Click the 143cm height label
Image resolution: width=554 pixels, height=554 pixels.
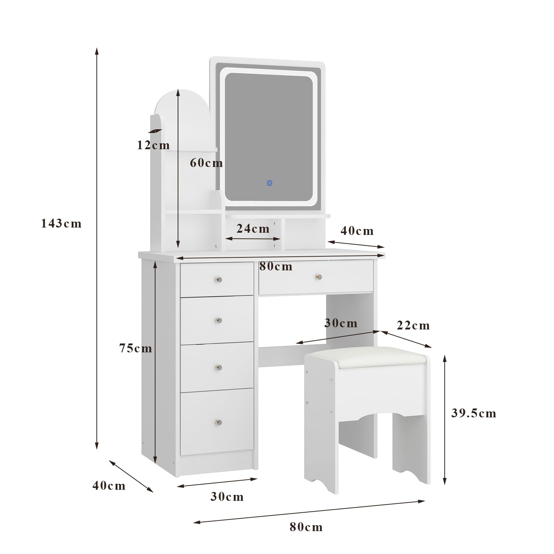[61, 223]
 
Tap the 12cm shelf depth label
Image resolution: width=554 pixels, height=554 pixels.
[153, 145]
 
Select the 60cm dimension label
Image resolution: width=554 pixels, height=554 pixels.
[206, 163]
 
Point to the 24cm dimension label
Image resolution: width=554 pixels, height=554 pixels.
[253, 229]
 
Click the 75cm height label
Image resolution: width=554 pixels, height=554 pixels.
[136, 348]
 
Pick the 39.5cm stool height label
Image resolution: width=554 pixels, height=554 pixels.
[474, 413]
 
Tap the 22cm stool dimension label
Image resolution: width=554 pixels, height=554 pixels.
[413, 325]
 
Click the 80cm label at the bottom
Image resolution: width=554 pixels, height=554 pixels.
[306, 527]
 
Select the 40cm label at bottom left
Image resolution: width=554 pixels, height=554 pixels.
[109, 485]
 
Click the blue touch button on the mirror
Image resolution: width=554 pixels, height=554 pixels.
[269, 183]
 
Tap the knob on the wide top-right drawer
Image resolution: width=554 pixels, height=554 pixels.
[318, 277]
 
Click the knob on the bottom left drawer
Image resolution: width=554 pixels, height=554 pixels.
[219, 422]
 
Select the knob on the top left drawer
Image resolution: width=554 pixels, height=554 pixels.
[219, 280]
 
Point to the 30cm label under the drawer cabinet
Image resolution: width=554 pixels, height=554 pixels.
[227, 497]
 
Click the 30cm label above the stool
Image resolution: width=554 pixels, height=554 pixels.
[341, 323]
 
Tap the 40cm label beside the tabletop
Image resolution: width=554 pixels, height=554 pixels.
[357, 231]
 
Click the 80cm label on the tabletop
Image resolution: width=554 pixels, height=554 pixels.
[276, 266]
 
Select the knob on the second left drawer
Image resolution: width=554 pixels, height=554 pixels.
[219, 321]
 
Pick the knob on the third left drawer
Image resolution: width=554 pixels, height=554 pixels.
[219, 367]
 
